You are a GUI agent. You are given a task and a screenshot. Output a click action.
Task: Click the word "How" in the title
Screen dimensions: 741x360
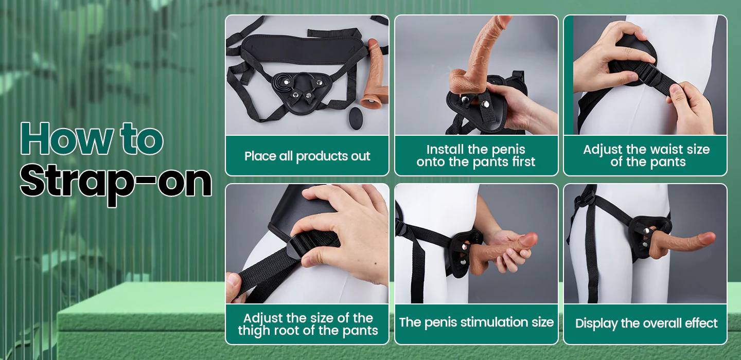(66, 138)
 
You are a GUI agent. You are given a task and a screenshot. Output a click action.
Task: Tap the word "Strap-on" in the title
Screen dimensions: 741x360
(116, 183)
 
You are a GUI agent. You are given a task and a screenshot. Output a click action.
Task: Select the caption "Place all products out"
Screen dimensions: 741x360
(307, 156)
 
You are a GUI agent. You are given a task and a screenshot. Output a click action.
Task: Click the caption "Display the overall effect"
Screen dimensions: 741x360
(646, 323)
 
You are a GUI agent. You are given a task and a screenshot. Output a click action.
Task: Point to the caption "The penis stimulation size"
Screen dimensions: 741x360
(477, 322)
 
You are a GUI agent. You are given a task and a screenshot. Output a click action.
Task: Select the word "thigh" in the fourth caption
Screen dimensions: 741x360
(253, 331)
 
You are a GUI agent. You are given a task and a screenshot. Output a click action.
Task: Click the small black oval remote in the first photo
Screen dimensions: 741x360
(355, 118)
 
